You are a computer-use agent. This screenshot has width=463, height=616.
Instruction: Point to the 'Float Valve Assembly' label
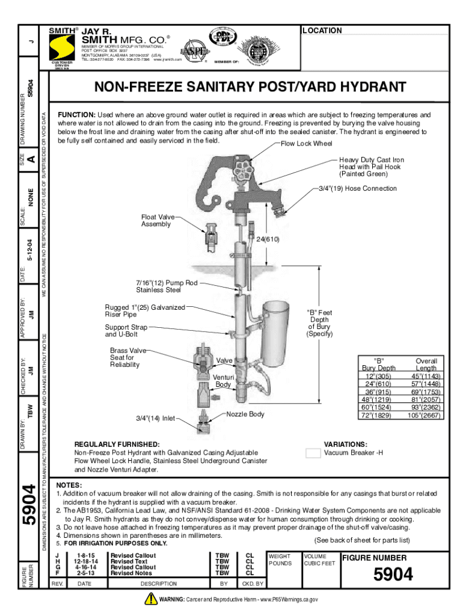pos(158,220)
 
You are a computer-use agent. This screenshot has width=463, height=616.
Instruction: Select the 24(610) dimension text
pos(269,239)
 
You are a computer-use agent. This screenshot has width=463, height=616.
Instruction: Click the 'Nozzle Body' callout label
pos(246,414)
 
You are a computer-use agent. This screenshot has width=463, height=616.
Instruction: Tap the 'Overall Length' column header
pos(426,365)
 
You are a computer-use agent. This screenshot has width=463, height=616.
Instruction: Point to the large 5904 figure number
pos(393,575)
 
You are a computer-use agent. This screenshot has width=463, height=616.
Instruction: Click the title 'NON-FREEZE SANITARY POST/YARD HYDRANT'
pos(250,87)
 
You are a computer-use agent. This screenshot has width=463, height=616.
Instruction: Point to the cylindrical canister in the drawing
pos(277,333)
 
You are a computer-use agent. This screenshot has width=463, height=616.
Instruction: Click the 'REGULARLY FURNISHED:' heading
pos(117,443)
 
